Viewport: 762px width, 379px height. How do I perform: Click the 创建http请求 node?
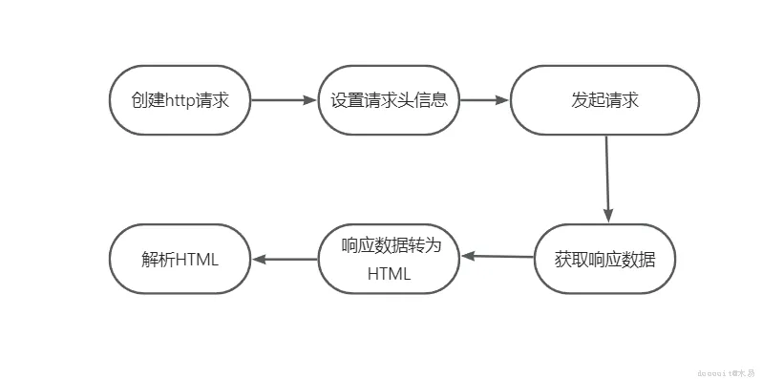coord(180,100)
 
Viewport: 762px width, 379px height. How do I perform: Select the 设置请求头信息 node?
coord(389,100)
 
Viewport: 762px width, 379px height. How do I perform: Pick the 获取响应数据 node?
coord(604,259)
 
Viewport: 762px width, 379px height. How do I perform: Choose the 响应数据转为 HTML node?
coord(389,260)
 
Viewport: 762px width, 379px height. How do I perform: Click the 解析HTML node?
coord(180,260)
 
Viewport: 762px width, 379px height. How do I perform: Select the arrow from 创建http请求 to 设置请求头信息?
coord(284,100)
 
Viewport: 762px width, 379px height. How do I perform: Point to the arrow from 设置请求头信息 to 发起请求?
coord(485,100)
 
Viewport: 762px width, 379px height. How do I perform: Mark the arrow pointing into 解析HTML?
coord(285,259)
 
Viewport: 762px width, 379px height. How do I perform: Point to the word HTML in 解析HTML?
coord(198,260)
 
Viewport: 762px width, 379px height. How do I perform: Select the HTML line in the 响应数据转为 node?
coord(389,274)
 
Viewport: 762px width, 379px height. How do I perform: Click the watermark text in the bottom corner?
coord(723,368)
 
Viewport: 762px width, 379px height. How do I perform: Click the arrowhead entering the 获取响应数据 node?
coord(607,216)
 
